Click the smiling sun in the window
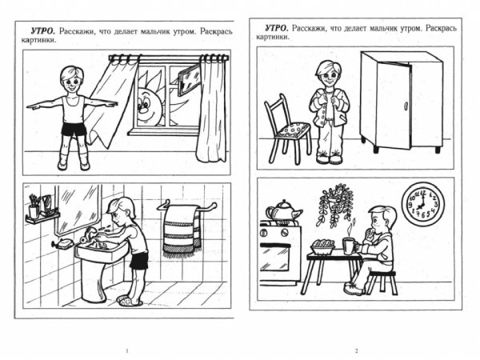149,101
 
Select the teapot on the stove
283,210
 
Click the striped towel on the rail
182,230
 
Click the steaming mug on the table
350,246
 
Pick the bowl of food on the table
322,246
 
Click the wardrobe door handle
406,106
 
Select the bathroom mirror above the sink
78,209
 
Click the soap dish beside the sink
63,244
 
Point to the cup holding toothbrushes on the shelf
34,210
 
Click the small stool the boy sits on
382,282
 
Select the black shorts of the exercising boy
74,129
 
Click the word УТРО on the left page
42,31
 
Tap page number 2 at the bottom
356,351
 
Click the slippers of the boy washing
130,300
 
